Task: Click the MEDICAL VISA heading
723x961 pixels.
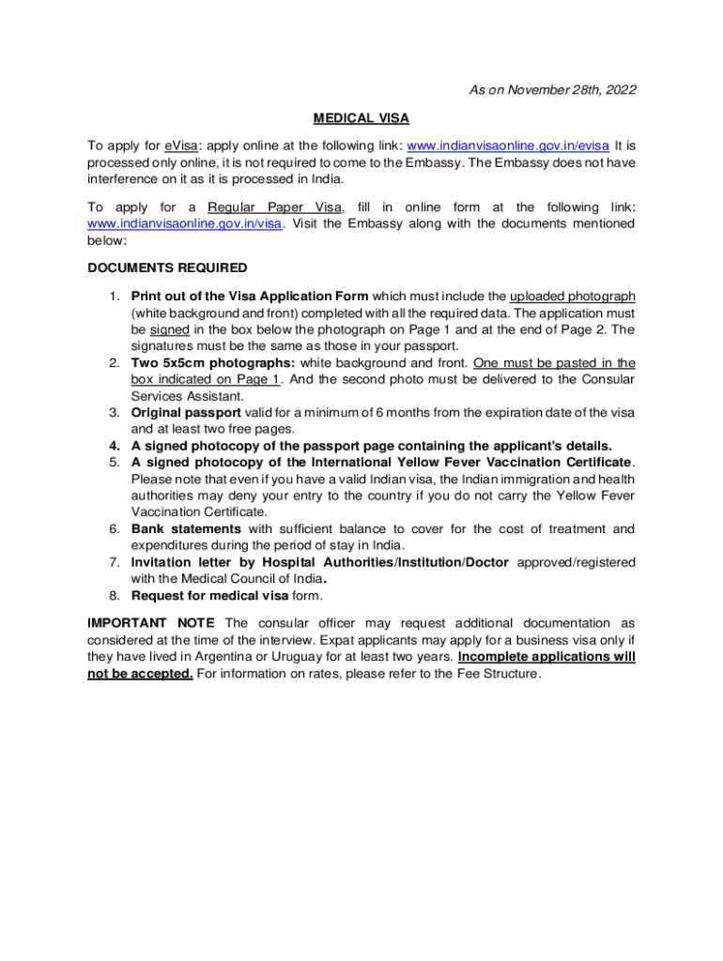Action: click(x=361, y=118)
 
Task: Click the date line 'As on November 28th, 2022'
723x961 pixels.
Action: click(x=552, y=90)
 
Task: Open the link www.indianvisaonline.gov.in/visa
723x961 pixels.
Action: click(x=184, y=223)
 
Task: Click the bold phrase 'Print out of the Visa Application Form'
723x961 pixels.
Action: click(x=250, y=297)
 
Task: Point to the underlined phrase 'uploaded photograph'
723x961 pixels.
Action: click(x=572, y=297)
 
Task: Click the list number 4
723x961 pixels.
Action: click(x=114, y=446)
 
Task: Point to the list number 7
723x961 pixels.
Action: click(x=114, y=562)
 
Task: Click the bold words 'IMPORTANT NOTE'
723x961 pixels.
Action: click(x=151, y=623)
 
